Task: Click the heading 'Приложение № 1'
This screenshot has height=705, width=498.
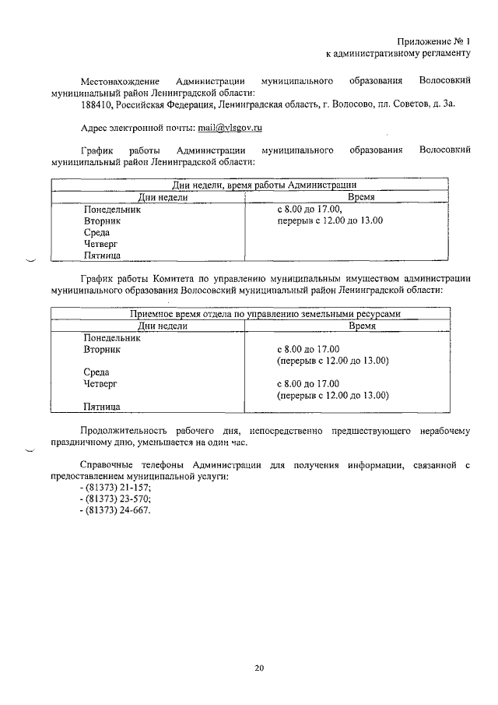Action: click(436, 41)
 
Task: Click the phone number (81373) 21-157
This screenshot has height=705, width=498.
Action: click(117, 487)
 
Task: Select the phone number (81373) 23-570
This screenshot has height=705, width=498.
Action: click(117, 499)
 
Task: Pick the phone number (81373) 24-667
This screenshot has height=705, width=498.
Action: click(117, 510)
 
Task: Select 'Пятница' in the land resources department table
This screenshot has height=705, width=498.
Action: click(101, 406)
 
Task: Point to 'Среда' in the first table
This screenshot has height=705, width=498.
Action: click(96, 232)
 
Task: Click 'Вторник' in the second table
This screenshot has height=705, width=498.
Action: click(103, 350)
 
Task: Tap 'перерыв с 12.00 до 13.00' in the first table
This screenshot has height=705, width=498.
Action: click(331, 221)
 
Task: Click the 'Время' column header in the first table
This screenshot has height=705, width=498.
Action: click(361, 198)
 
